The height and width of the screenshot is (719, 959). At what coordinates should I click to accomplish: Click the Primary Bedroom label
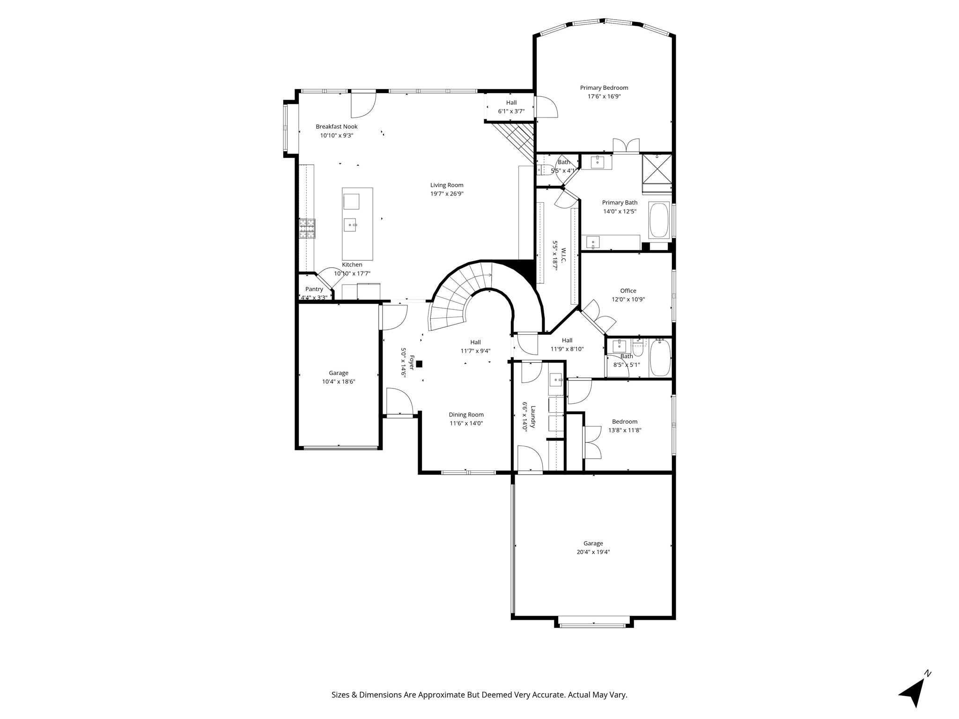(604, 88)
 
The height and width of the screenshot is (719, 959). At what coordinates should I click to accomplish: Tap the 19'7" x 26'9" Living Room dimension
(447, 194)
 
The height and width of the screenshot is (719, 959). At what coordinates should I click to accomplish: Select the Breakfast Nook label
(336, 126)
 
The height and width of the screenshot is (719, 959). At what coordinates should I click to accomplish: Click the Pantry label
(314, 289)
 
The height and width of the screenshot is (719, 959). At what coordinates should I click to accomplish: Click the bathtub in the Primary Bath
(659, 220)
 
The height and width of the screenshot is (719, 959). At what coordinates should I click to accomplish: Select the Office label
(628, 291)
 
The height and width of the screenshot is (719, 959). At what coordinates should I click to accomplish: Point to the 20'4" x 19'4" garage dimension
(593, 552)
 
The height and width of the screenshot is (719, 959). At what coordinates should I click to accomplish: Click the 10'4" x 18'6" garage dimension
(339, 382)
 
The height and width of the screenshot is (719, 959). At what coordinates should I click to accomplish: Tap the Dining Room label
(466, 415)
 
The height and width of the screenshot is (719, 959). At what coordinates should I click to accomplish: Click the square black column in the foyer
(419, 364)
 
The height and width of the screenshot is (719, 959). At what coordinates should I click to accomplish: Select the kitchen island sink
(351, 225)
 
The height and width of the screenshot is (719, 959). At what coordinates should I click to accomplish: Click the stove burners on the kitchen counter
(307, 228)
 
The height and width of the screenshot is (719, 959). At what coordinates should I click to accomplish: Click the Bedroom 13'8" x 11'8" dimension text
(625, 430)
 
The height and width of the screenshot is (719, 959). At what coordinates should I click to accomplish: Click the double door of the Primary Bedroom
(626, 146)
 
